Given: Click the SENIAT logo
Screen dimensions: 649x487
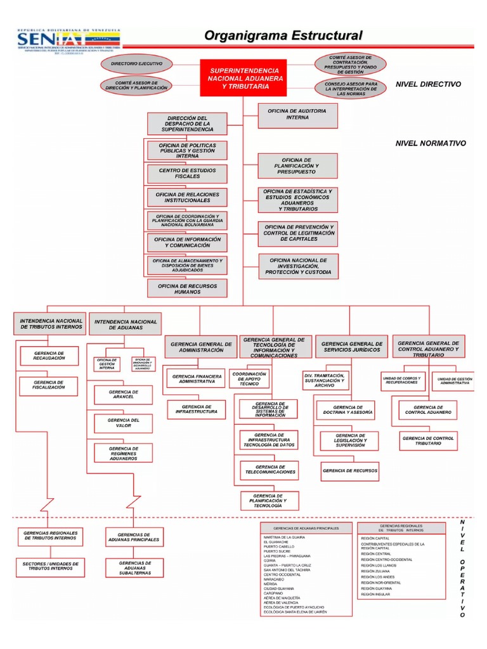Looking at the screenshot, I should click(x=68, y=41).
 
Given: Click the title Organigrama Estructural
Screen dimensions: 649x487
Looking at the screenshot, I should click(x=283, y=35).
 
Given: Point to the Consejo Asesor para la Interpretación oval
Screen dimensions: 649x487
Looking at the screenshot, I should click(x=350, y=88).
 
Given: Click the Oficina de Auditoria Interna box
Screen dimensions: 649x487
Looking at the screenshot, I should click(x=298, y=114).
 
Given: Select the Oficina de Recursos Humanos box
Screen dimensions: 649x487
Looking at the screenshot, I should click(x=187, y=289).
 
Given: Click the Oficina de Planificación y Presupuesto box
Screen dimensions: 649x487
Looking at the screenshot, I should click(x=297, y=166).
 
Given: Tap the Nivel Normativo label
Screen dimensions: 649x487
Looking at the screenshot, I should click(x=431, y=144).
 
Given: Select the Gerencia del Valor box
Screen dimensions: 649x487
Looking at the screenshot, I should click(x=123, y=423).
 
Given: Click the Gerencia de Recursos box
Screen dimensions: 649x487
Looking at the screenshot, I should click(x=349, y=471).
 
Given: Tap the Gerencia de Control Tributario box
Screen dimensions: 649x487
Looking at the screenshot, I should click(x=428, y=442).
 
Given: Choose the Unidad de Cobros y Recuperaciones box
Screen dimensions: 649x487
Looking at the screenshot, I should click(x=401, y=381).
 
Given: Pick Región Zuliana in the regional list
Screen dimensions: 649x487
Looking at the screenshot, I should click(x=376, y=570).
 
